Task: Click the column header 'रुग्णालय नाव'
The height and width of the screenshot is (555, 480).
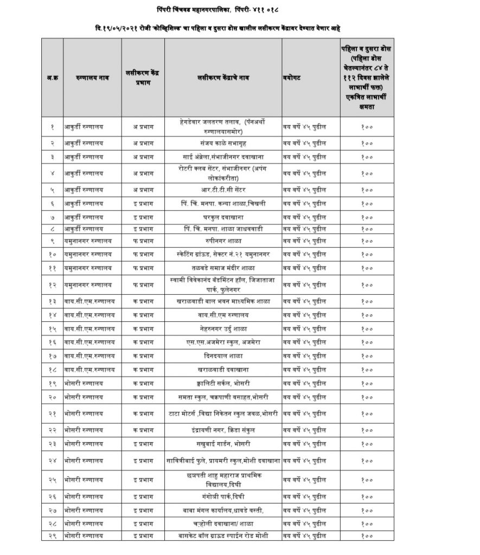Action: tap(87, 78)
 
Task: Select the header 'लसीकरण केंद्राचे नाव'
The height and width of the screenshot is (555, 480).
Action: tap(223, 78)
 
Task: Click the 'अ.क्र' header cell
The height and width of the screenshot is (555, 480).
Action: tap(52, 78)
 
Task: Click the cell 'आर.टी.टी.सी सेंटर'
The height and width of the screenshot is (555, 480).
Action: tap(223, 190)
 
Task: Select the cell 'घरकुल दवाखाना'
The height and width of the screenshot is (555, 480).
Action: tap(223, 217)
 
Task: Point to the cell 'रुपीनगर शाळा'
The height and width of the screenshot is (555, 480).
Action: tap(223, 240)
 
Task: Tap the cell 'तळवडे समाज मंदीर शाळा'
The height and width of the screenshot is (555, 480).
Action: tap(223, 268)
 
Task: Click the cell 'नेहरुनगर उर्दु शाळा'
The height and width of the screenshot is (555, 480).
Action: tap(223, 328)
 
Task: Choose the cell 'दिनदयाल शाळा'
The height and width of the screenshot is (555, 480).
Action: tap(223, 356)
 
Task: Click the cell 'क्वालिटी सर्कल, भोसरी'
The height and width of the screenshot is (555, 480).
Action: tap(223, 384)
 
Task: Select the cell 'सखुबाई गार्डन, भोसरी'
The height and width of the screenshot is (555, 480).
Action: tap(223, 444)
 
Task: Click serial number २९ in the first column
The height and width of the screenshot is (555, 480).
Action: tap(52, 535)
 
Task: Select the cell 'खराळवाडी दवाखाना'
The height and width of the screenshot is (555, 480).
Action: tap(223, 370)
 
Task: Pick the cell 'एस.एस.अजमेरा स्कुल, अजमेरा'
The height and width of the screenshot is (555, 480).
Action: tap(223, 342)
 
